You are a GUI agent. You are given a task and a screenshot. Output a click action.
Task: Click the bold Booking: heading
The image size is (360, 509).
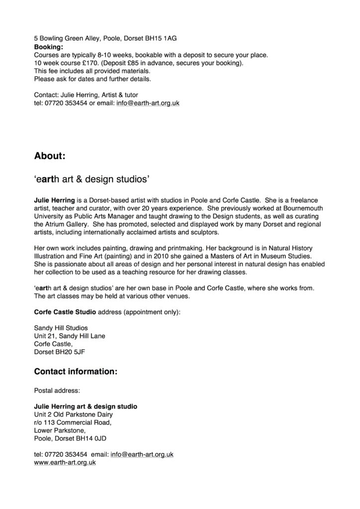(x=48, y=47)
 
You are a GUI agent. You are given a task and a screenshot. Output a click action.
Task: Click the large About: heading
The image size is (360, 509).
(x=50, y=156)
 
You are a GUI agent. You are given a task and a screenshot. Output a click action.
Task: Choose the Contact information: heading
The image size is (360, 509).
(x=76, y=371)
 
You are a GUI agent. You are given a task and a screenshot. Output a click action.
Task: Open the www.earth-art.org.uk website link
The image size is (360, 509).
(x=65, y=462)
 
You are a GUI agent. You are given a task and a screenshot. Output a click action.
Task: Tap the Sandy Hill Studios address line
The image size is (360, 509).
(x=61, y=328)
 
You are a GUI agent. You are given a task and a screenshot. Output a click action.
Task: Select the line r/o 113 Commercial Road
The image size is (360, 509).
(x=73, y=423)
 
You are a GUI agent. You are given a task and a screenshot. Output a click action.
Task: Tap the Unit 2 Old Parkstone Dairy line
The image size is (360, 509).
(x=73, y=415)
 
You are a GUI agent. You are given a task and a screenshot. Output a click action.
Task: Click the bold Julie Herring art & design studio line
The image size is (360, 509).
(x=86, y=406)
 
